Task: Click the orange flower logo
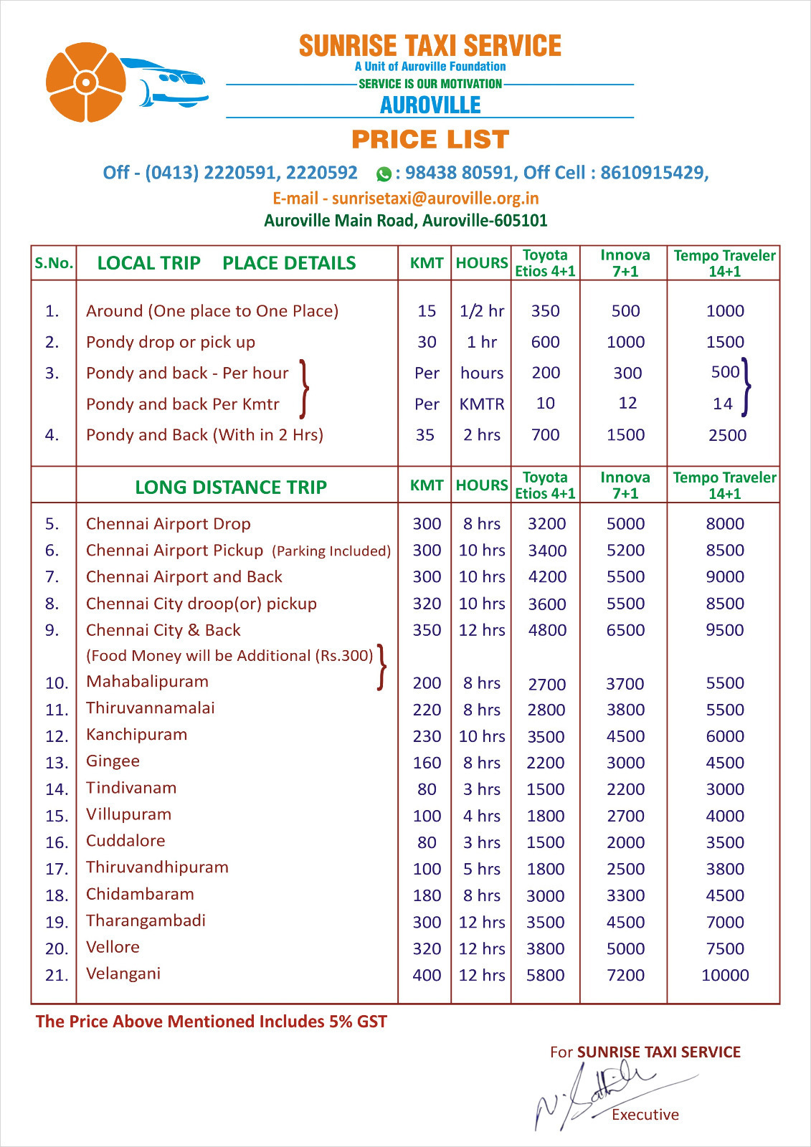click(x=85, y=82)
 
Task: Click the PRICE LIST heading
click(x=430, y=139)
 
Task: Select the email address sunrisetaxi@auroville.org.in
click(x=435, y=198)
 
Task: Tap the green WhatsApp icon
click(x=384, y=173)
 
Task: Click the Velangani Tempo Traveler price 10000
click(x=725, y=975)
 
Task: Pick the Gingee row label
click(x=113, y=761)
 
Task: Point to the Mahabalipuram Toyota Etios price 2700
click(x=546, y=684)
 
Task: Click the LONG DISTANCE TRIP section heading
click(x=231, y=487)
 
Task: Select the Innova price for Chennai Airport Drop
click(x=625, y=524)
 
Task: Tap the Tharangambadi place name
click(x=146, y=920)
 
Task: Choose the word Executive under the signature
click(x=645, y=1115)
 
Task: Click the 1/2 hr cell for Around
click(x=482, y=311)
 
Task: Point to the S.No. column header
click(x=54, y=263)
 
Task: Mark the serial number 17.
click(x=56, y=869)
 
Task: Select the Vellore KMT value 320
click(x=427, y=948)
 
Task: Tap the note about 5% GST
click(x=212, y=1022)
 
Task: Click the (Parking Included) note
click(x=331, y=551)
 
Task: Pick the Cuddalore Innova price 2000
click(x=625, y=842)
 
